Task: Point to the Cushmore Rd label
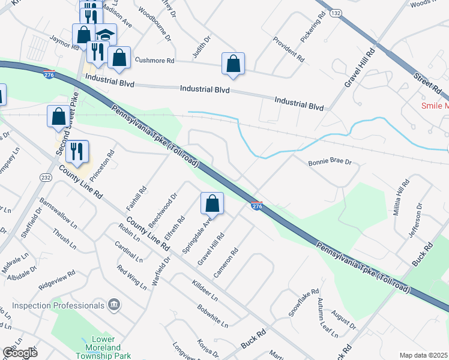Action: [x=154, y=61]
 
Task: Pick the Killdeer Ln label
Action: [x=205, y=289]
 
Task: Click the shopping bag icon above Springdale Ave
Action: [x=212, y=204]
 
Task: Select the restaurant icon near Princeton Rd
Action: [x=77, y=152]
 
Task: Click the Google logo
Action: [x=19, y=352]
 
